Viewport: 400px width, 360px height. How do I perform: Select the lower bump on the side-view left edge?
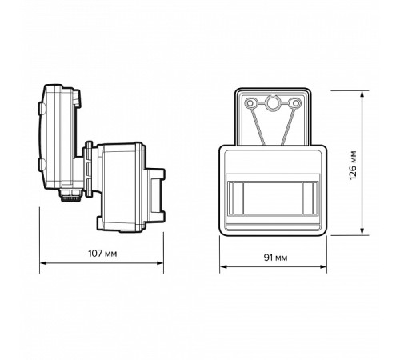point(39,166)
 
